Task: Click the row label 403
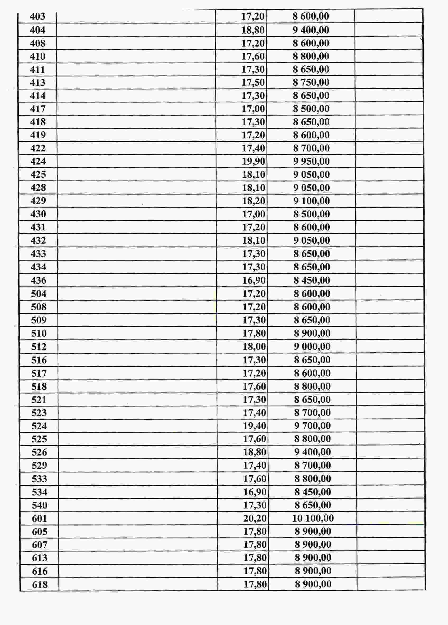[38, 17]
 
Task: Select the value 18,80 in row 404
[253, 30]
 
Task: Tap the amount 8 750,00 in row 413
[311, 82]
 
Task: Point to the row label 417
[38, 109]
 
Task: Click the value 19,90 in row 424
[254, 162]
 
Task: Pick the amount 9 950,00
[311, 162]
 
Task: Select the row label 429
[38, 201]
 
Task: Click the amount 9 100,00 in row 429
[311, 201]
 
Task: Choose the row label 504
[39, 294]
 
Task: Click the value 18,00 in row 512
[254, 347]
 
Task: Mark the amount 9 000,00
[312, 347]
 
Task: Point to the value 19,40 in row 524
[254, 426]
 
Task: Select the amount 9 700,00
[312, 426]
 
